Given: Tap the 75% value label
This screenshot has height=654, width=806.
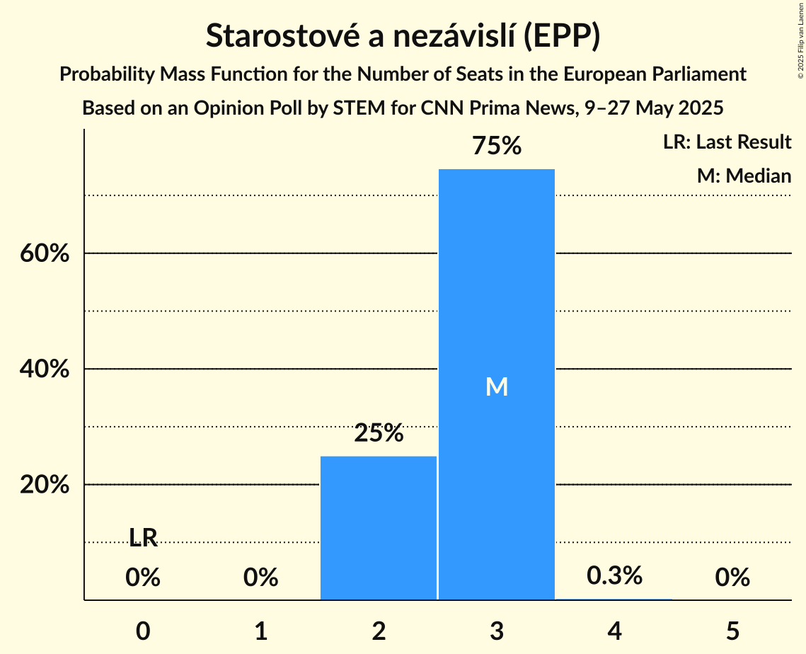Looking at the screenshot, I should [x=497, y=147].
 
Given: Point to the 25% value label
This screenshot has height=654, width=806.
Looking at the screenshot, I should [x=379, y=433].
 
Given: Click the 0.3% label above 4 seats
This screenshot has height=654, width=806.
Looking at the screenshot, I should [x=614, y=576].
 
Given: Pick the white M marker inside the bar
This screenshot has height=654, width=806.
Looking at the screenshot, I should [x=497, y=386].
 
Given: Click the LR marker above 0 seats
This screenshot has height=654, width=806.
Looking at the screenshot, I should [x=143, y=539].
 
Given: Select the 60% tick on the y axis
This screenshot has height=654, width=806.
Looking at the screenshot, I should [x=45, y=253].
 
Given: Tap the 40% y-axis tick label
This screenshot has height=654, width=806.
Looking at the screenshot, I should [x=45, y=369].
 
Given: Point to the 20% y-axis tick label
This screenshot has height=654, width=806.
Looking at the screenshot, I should [x=45, y=485].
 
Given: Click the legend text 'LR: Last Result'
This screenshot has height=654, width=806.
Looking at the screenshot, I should [x=727, y=142].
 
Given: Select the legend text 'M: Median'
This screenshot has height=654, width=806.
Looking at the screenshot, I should [x=744, y=176].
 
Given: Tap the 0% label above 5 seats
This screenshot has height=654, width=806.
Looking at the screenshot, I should [x=732, y=578].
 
